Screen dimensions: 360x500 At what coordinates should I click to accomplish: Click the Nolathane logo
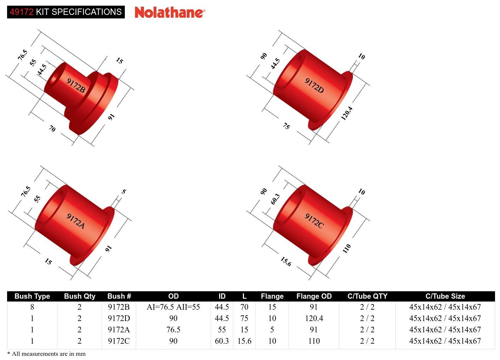[170, 12]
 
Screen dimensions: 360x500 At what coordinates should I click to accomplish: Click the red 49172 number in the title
[21, 12]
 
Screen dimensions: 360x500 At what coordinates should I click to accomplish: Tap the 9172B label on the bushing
[76, 85]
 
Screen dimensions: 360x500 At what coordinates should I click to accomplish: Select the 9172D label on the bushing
[314, 85]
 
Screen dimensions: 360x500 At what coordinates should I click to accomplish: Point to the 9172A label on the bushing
[76, 221]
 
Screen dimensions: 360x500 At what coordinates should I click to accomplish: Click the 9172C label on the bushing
[314, 221]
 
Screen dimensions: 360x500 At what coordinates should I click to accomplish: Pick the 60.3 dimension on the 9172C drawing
[275, 199]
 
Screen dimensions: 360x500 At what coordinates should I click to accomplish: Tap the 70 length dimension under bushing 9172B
[52, 129]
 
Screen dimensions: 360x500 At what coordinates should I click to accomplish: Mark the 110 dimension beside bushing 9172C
[346, 248]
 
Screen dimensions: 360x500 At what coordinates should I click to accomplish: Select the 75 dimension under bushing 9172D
[286, 126]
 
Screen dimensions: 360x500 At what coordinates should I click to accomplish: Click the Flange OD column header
[314, 296]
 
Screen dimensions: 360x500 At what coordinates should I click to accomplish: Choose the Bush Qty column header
[79, 296]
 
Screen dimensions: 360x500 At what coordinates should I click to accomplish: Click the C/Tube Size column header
[445, 296]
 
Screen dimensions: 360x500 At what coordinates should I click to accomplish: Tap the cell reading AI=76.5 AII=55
[173, 307]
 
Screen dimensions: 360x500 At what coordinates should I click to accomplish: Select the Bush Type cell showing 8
[32, 307]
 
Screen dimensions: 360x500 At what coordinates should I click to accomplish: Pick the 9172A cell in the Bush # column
[119, 330]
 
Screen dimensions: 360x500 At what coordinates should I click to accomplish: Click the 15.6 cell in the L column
[244, 341]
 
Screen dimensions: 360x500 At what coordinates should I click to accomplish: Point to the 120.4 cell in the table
[314, 319]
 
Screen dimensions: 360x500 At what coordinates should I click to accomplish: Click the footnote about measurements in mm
[46, 354]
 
